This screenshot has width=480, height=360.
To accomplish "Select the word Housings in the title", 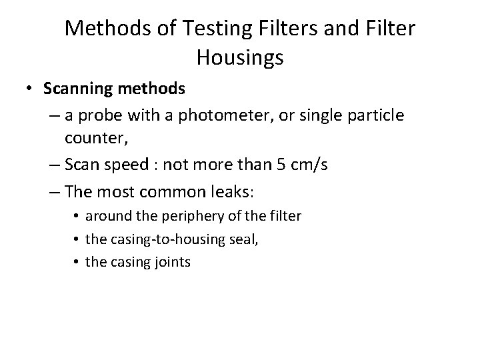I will tap(240, 58).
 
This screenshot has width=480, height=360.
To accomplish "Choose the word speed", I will tap(120, 165).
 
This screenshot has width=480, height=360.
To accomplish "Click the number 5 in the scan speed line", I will tap(280, 165).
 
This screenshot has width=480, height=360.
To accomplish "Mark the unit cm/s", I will tap(308, 165).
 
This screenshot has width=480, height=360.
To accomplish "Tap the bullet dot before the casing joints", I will tap(77, 262).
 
